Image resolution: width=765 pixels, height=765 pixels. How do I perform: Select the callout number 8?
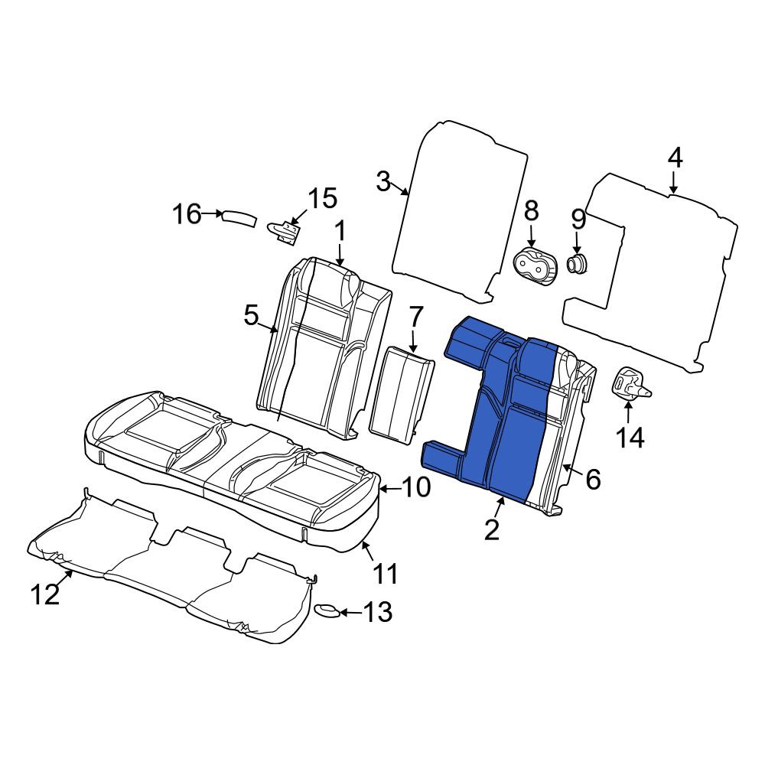point(531,211)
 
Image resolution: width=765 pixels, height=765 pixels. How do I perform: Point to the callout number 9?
point(578,220)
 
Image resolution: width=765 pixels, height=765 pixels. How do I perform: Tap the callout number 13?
point(378,611)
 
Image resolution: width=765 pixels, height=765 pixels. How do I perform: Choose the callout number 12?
point(45,594)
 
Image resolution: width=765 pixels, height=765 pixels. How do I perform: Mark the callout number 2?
point(492,529)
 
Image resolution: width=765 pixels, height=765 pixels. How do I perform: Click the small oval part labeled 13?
point(327,610)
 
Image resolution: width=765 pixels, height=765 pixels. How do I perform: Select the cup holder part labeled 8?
point(535,266)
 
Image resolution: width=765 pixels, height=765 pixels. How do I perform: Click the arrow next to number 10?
point(389,487)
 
